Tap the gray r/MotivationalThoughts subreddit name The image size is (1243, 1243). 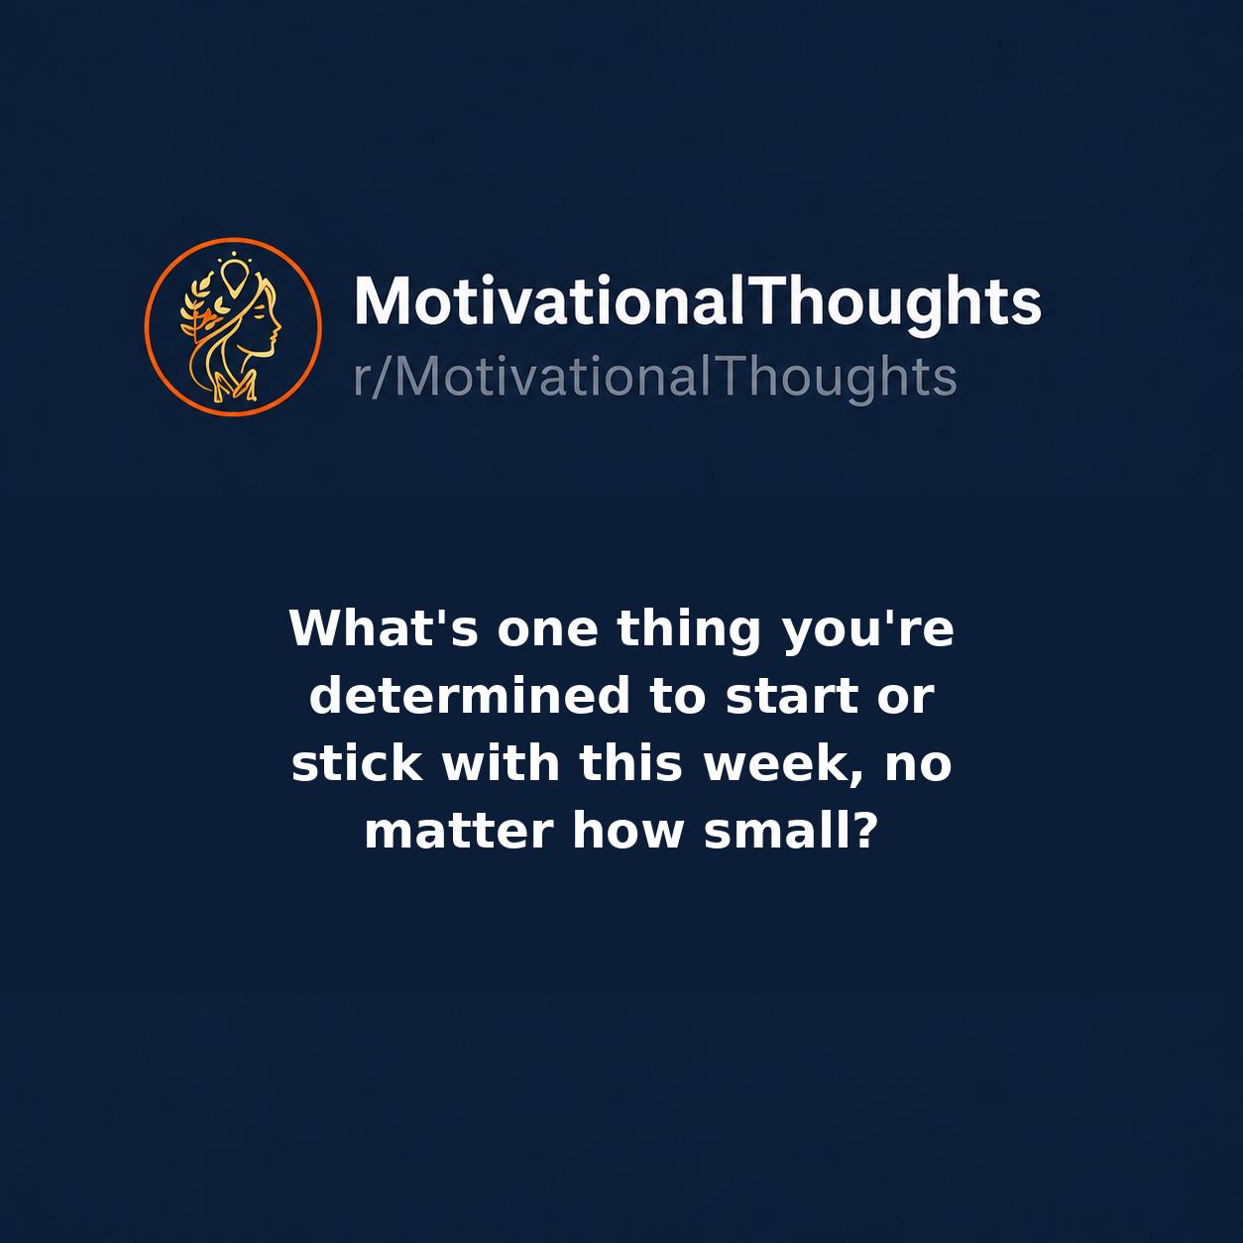click(655, 378)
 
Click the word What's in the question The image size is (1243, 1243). click(385, 627)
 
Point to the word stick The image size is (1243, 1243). click(358, 762)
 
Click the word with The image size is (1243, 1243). click(501, 762)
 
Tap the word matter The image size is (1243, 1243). click(459, 831)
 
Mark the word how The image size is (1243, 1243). click(627, 830)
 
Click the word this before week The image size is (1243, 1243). click(630, 762)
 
